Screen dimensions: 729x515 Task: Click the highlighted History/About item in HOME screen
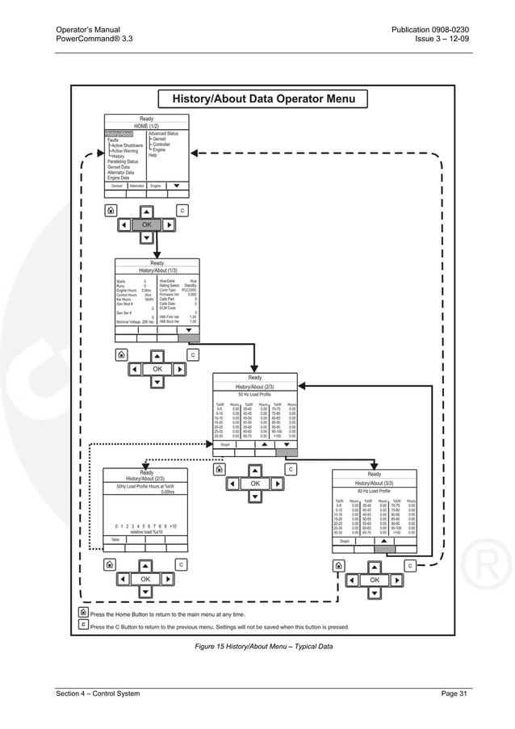click(x=119, y=133)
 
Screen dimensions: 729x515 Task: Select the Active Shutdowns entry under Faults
click(x=127, y=145)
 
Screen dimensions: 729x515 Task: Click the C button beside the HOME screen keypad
click(x=182, y=211)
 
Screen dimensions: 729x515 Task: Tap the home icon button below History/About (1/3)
click(x=121, y=354)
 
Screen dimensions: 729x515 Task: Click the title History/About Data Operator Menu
click(x=265, y=99)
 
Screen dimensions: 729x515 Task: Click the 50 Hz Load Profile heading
click(x=255, y=395)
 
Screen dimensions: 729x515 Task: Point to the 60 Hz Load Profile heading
click(x=374, y=491)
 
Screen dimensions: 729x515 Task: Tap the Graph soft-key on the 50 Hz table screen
click(x=224, y=443)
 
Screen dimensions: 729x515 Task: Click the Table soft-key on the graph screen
click(x=115, y=539)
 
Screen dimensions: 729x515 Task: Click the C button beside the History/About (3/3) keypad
click(x=410, y=566)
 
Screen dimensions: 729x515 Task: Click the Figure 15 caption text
click(x=263, y=647)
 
